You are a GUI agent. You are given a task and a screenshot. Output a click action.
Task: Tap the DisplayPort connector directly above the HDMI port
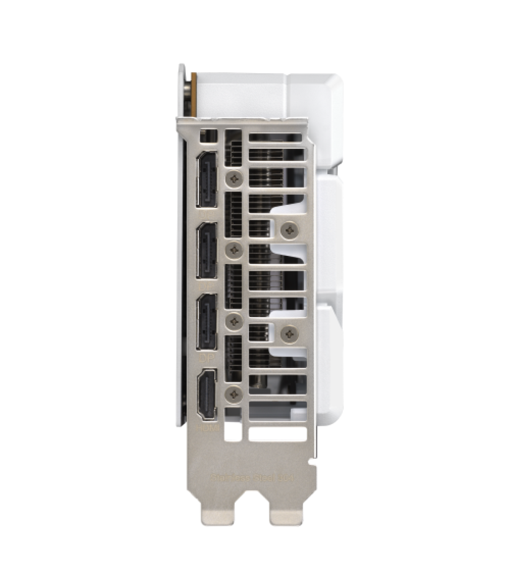[207, 323]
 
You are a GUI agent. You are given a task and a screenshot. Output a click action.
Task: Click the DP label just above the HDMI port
[207, 358]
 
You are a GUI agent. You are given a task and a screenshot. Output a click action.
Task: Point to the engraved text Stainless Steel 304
[252, 478]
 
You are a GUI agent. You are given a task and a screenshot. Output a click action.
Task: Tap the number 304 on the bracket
[287, 478]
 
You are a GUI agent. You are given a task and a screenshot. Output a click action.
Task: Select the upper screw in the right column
[290, 229]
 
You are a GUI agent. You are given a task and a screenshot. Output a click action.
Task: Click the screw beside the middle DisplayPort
[233, 250]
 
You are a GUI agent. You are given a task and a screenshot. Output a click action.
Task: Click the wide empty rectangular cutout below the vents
[277, 433]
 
